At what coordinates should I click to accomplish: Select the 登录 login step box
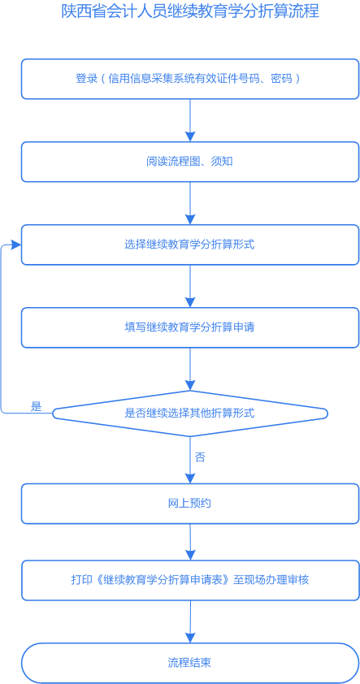point(189,79)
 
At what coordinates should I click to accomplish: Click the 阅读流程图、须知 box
point(189,162)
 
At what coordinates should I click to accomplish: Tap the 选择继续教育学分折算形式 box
point(189,245)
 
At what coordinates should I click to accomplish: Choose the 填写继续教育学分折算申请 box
point(189,327)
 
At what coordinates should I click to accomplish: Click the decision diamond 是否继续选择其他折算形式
point(189,413)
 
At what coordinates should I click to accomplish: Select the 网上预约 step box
point(189,504)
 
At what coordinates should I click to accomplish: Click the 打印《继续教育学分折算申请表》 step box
point(189,580)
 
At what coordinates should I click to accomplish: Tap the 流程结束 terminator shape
point(189,663)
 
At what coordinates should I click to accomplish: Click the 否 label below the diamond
point(200,457)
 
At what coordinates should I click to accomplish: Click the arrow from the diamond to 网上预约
point(190,461)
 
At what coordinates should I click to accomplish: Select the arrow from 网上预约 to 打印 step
point(190,542)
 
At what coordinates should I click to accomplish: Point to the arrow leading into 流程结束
point(190,621)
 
